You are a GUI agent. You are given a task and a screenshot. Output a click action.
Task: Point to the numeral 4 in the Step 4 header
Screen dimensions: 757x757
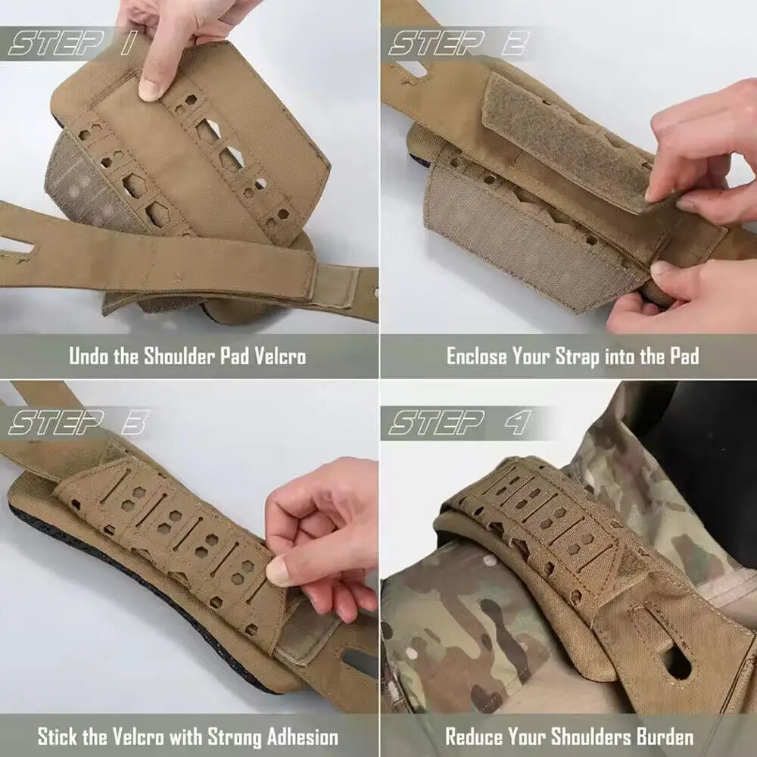click(x=518, y=422)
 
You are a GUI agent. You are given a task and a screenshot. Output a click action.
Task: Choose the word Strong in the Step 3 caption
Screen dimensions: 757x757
click(x=229, y=737)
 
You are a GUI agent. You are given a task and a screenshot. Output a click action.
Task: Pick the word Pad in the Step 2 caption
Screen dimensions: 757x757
click(x=684, y=357)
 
